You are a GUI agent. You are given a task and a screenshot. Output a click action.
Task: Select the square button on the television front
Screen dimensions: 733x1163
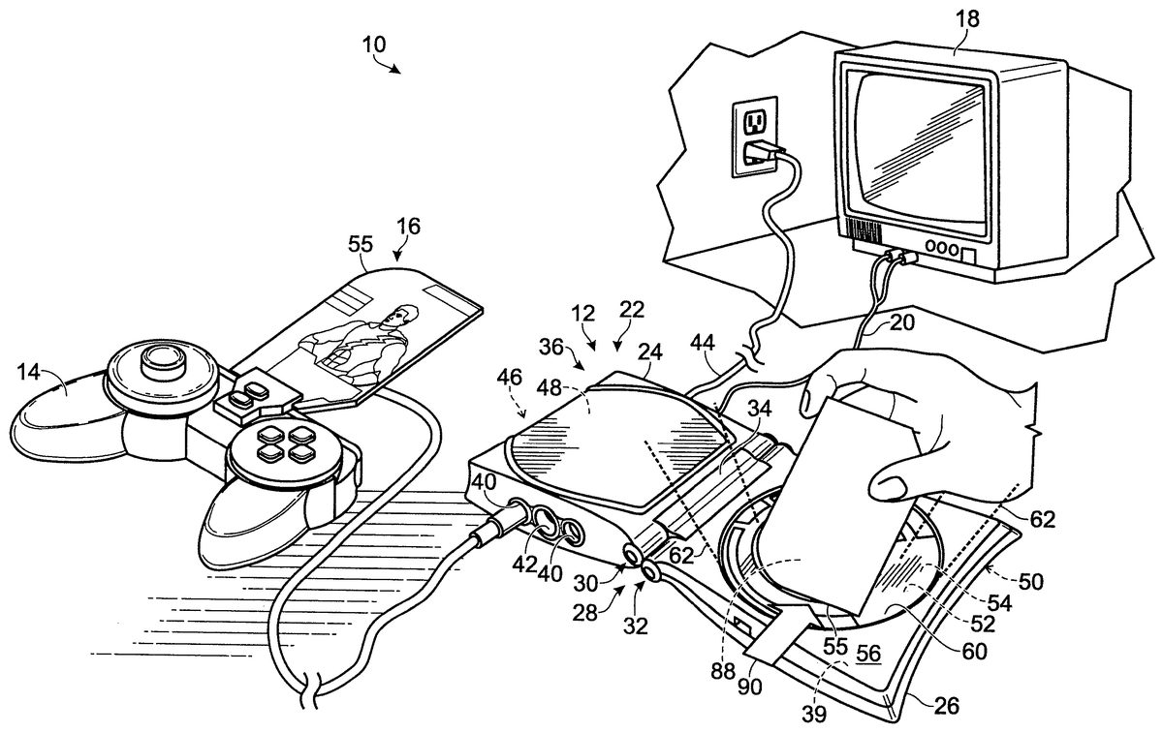coord(966,255)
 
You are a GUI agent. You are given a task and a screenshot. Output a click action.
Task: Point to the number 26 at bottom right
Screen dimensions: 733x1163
coord(945,707)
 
